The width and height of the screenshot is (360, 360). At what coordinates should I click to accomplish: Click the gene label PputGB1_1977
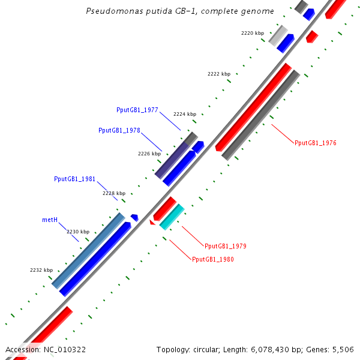pos(137,110)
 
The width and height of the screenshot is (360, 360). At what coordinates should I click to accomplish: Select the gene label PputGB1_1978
pos(119,130)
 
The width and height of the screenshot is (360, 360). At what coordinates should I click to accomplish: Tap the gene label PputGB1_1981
pos(74,179)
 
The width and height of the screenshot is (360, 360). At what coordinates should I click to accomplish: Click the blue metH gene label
pos(50,220)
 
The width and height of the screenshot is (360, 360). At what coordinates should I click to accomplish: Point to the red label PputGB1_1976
pos(315,143)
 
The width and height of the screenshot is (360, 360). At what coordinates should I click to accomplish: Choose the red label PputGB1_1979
pos(225,246)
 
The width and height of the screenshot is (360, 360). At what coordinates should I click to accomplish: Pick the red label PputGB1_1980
pos(213,259)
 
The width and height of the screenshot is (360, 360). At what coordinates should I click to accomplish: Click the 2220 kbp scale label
pos(253,34)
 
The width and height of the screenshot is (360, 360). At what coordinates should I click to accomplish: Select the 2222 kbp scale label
pos(219,74)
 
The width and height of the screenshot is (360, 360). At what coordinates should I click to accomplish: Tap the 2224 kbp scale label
pos(185,114)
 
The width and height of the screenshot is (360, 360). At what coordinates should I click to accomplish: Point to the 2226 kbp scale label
pos(149,154)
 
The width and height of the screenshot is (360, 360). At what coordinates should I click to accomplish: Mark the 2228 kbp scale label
pos(114,193)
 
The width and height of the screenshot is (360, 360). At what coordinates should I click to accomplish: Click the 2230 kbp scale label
pos(78,232)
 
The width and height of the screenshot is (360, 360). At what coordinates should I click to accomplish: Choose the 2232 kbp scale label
pos(41,270)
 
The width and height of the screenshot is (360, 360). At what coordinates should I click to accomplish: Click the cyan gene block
pos(172,217)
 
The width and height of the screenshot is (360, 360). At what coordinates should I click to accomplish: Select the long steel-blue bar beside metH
pos(89,250)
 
